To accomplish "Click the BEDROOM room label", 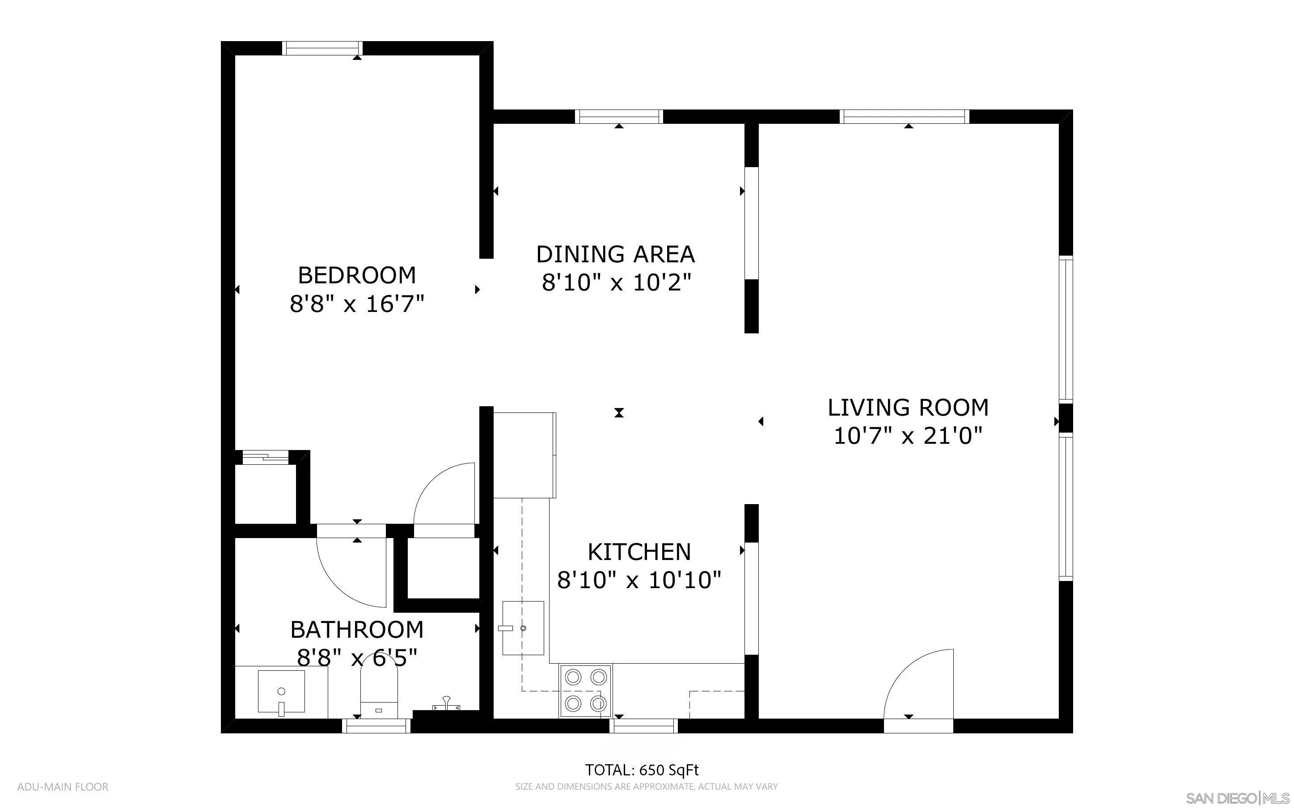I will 356,276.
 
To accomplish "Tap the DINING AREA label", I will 615,254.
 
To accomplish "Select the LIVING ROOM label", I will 908,408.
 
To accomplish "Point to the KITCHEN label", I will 639,552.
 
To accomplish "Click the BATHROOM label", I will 356,630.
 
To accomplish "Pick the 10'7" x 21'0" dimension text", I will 908,436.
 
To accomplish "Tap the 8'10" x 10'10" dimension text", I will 639,580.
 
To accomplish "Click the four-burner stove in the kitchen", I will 585,690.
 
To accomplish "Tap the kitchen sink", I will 523,628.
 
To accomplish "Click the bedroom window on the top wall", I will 322,48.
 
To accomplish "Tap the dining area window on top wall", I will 619,117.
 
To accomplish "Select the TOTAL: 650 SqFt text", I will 641,770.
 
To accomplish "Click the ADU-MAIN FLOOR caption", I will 63,787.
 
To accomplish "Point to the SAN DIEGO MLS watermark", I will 1237,798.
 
